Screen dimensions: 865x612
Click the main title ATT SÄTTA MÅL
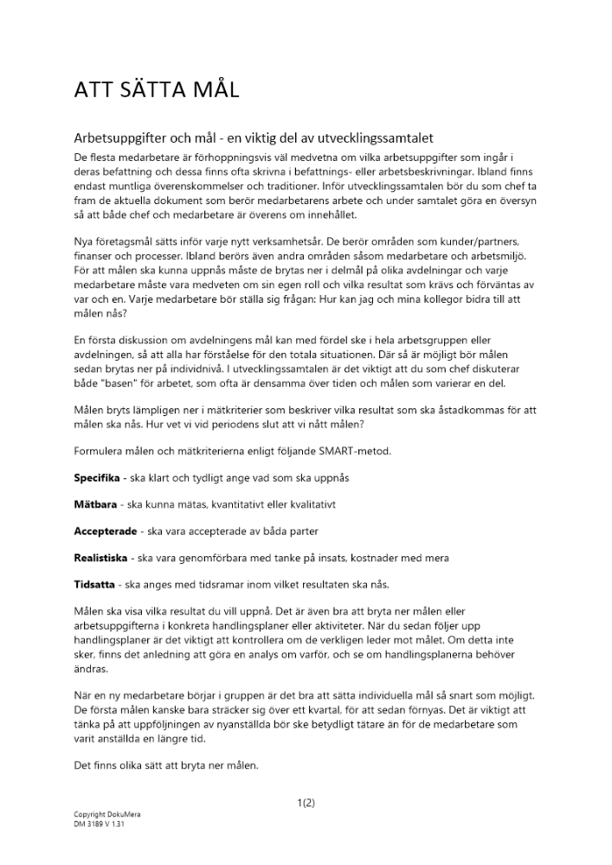point(156,89)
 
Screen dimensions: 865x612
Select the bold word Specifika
point(96,477)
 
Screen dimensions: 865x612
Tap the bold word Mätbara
point(93,503)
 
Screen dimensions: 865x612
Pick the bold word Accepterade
point(103,530)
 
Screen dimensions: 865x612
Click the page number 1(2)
point(306,803)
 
